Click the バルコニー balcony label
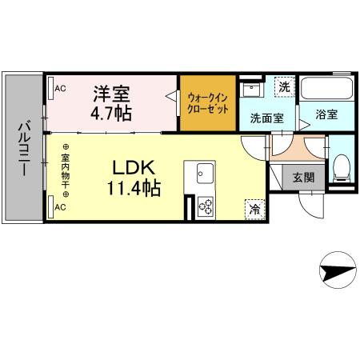(x=23, y=151)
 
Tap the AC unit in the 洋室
(x=57, y=87)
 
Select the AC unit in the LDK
(x=58, y=207)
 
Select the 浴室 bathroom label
(x=325, y=114)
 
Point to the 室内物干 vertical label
(x=65, y=170)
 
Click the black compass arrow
(x=336, y=273)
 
